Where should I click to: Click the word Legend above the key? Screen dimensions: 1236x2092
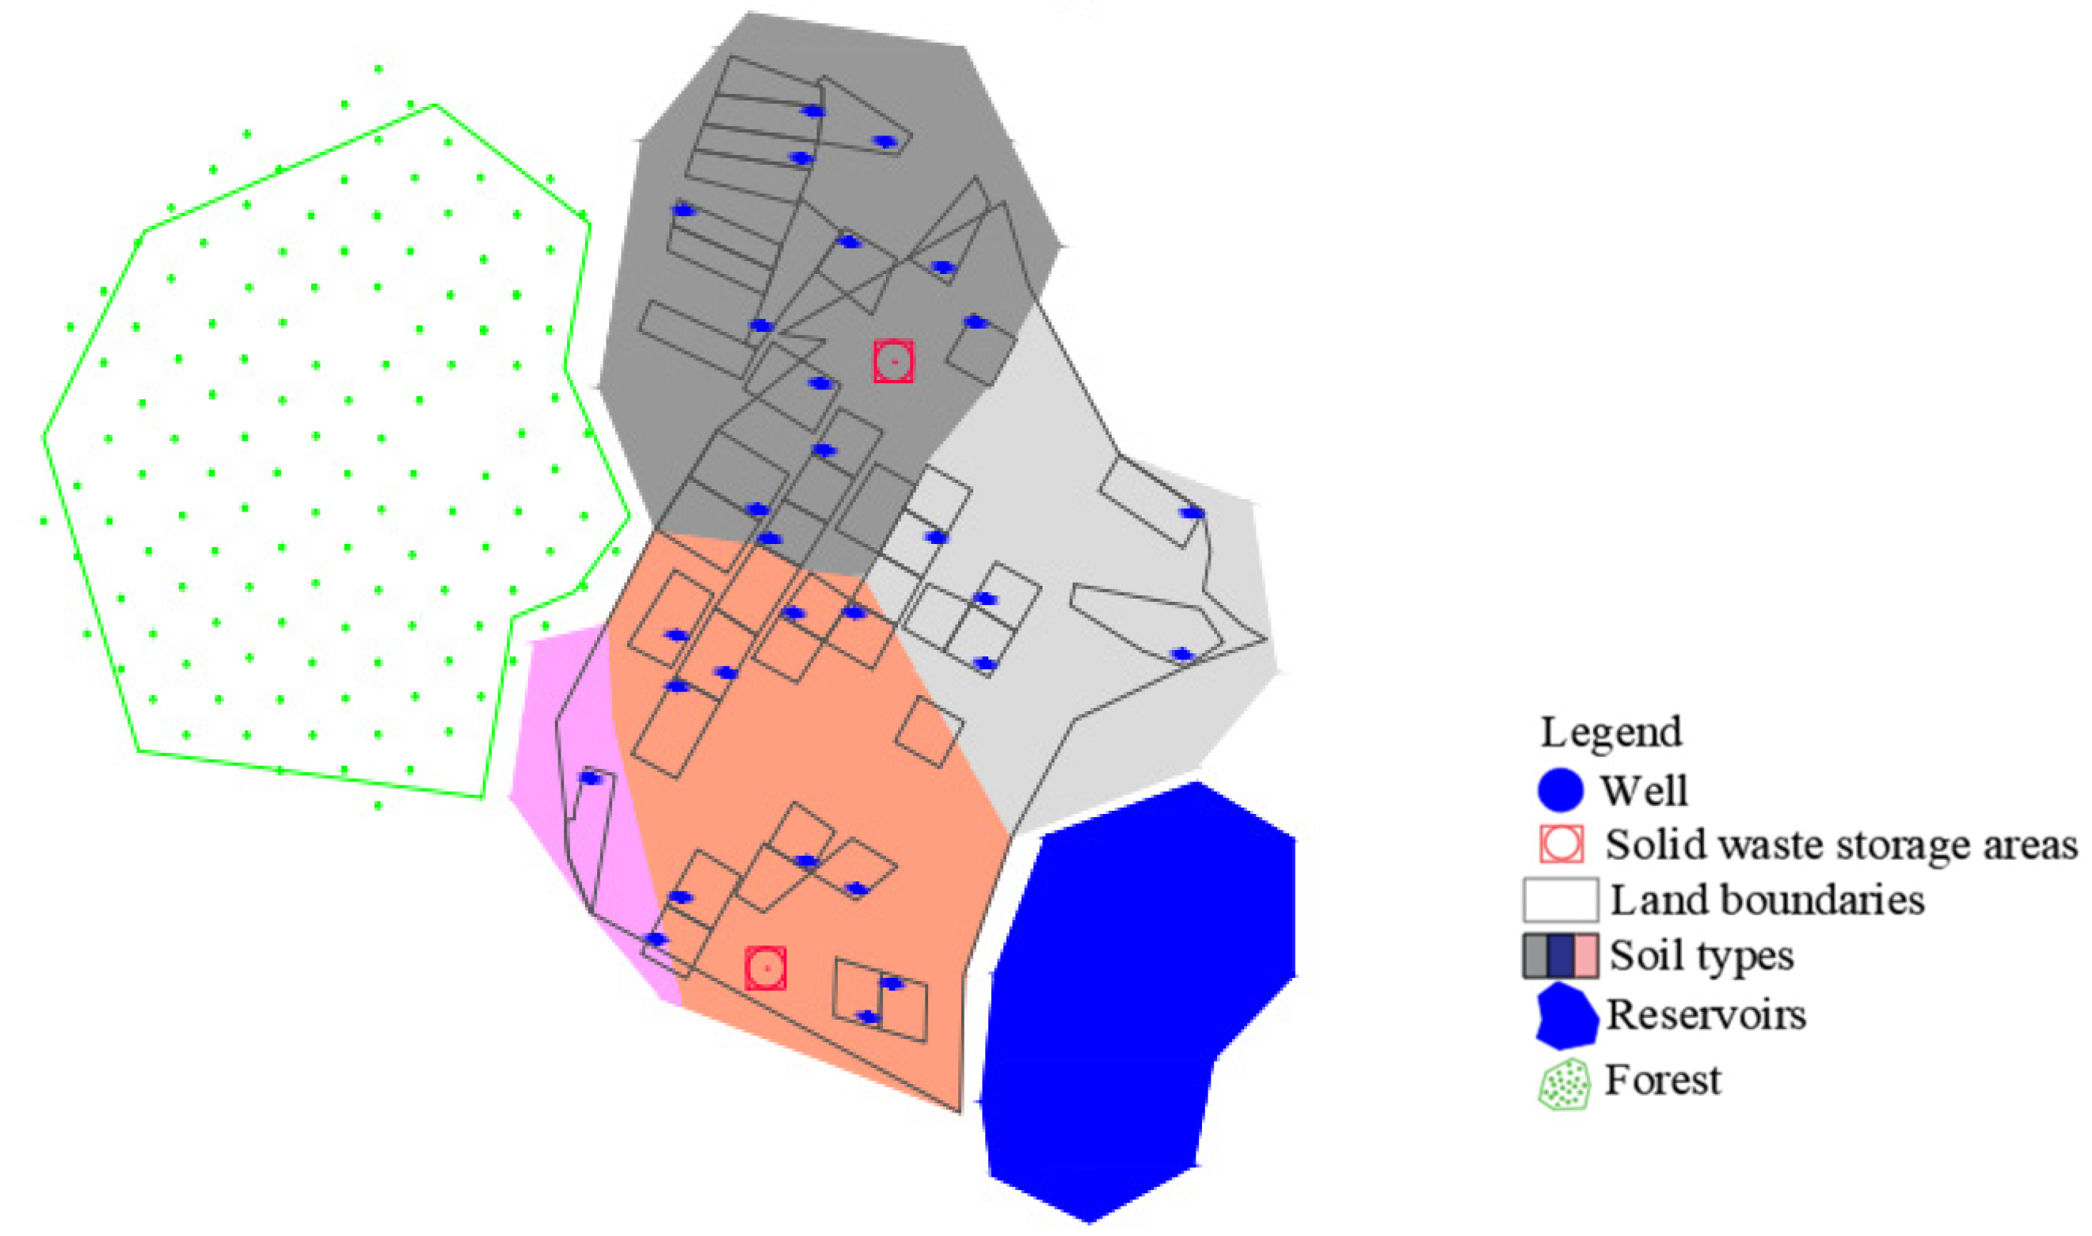click(1611, 733)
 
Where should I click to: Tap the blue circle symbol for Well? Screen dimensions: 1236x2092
click(1560, 789)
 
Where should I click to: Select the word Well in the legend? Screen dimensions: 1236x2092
click(1643, 790)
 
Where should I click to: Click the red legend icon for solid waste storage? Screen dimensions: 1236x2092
click(1561, 845)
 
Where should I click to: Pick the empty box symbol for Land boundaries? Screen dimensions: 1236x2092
click(1560, 900)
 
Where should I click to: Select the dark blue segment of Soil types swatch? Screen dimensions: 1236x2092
click(1561, 956)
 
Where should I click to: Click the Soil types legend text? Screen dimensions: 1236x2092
click(1701, 956)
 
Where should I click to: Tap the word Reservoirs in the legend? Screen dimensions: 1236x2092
click(1706, 1015)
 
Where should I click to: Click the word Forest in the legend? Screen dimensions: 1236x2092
click(1662, 1081)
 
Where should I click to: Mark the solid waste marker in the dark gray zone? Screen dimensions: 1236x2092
click(894, 363)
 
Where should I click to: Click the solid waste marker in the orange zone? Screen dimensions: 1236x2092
click(766, 968)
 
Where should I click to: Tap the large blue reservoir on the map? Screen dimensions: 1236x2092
click(1132, 999)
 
